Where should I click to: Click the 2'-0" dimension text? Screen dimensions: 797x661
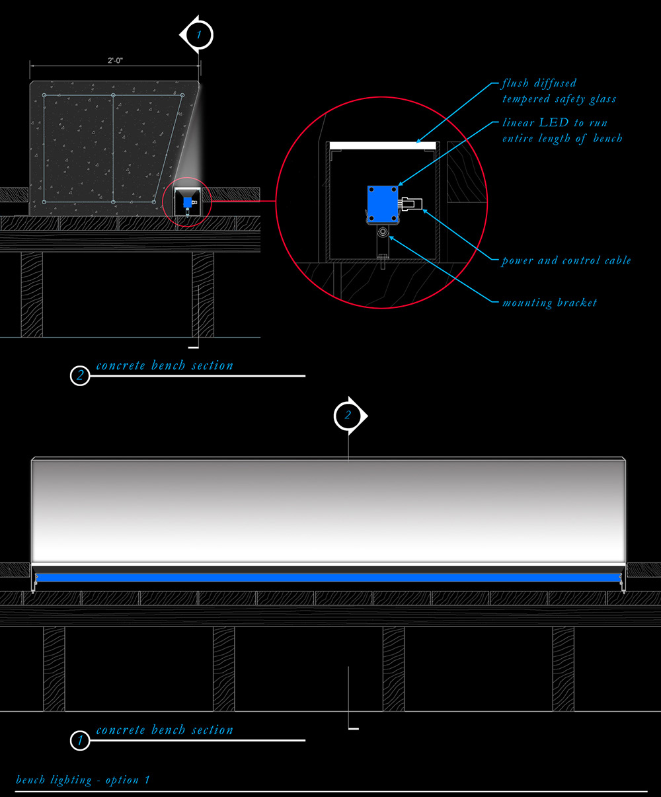(115, 61)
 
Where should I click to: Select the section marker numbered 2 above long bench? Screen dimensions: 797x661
(348, 416)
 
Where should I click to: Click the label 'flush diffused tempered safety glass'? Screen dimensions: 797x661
(559, 91)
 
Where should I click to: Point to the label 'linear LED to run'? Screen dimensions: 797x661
(554, 123)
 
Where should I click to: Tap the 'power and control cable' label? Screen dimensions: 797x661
(566, 260)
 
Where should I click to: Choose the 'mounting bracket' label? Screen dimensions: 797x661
(549, 303)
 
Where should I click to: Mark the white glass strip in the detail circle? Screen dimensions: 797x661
(382, 144)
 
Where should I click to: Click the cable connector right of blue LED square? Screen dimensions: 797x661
(410, 204)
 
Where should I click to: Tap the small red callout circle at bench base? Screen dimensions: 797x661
(190, 202)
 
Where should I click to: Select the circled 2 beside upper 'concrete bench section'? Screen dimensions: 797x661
(80, 376)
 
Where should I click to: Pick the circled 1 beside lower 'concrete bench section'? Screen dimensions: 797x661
(80, 741)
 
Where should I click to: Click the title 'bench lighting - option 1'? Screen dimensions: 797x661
(83, 780)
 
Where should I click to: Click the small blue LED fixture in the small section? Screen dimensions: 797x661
(188, 201)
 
